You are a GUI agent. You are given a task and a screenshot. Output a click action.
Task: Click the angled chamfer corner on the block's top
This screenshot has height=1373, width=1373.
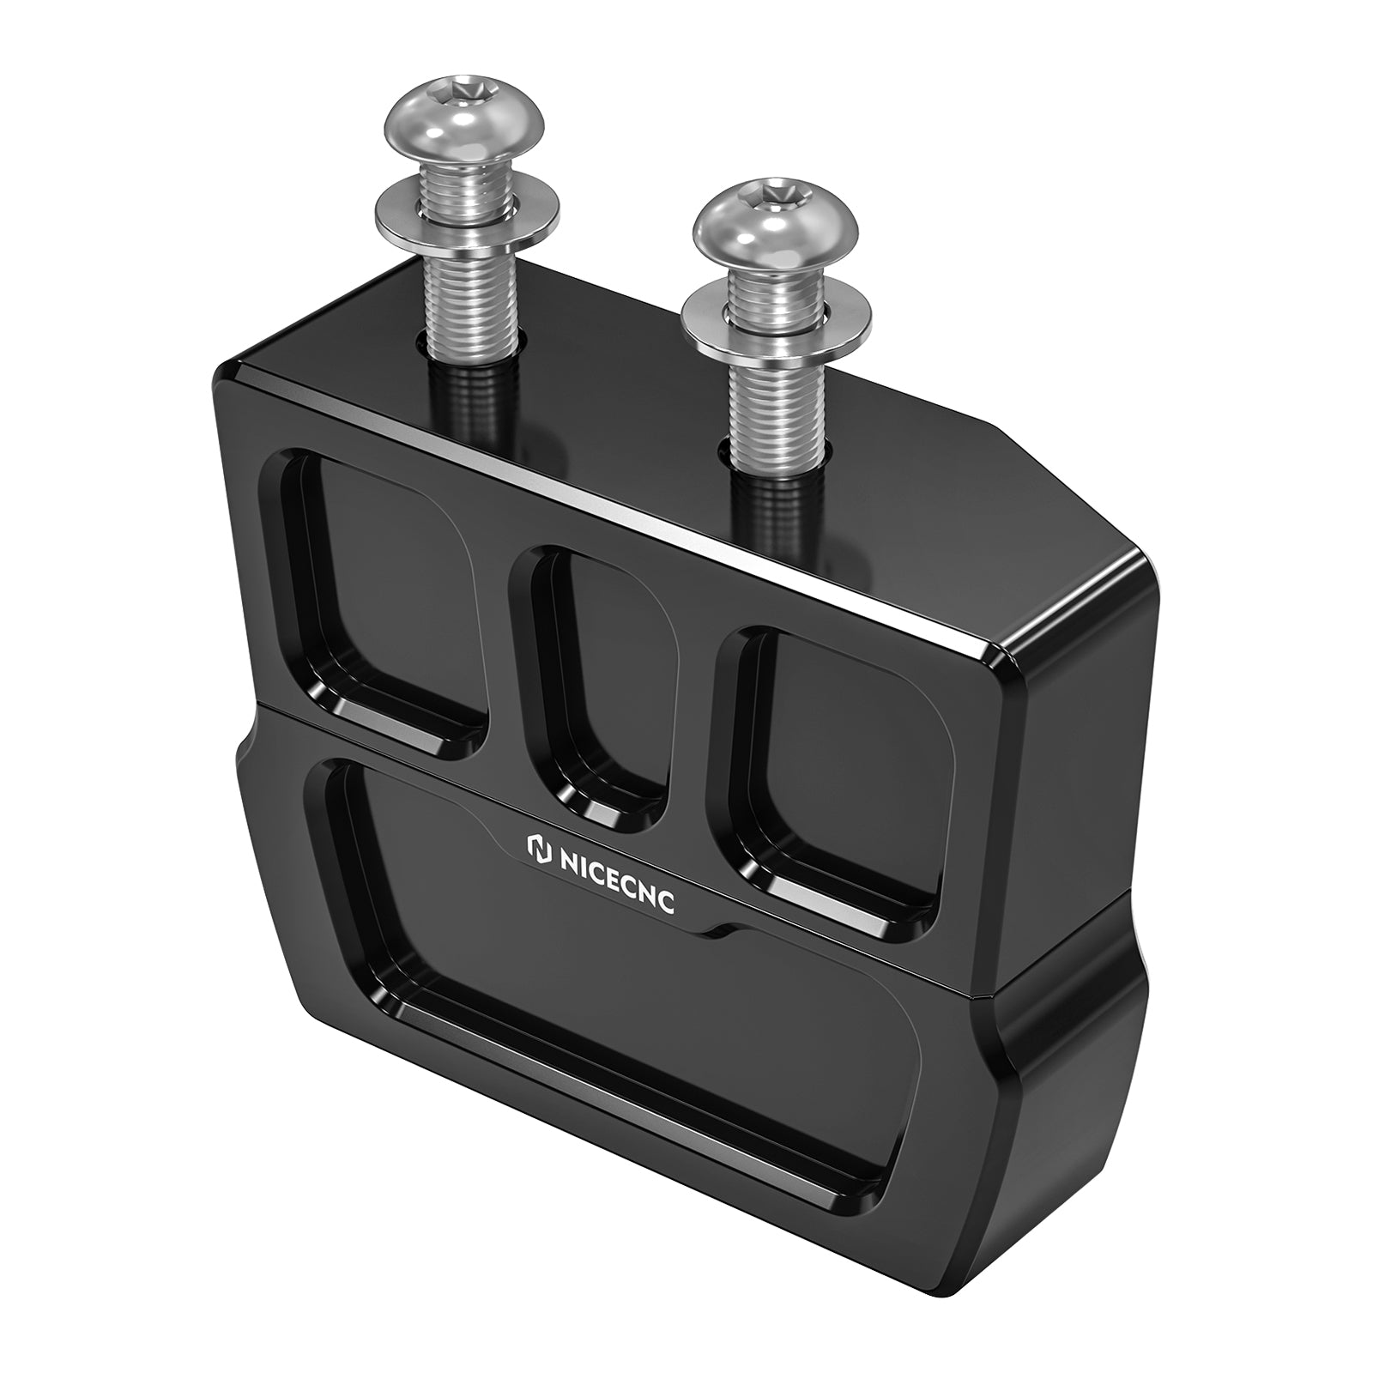[1064, 485]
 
